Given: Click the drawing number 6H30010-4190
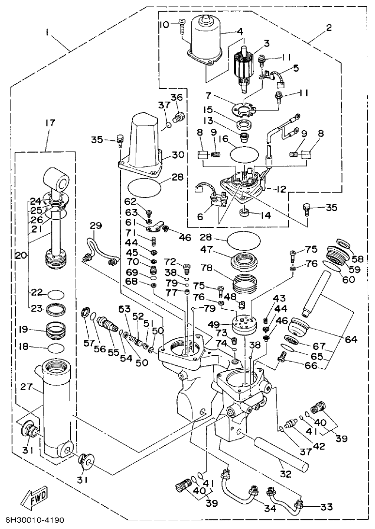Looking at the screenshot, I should pos(35,521).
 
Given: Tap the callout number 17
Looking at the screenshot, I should pos(50,123).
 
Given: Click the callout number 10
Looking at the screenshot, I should pos(165,24).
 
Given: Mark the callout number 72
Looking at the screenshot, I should pos(170,262).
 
